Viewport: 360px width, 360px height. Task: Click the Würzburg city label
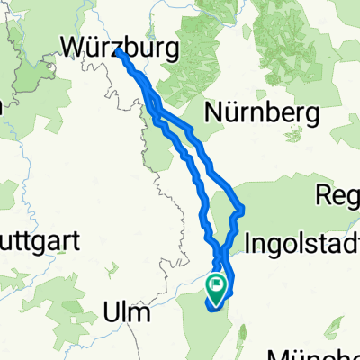[116, 44]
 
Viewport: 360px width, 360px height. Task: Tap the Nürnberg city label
[263, 112]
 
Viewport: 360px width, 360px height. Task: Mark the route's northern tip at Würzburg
[120, 53]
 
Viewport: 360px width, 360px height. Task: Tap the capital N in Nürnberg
[216, 112]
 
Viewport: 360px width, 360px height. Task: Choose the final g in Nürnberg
[313, 115]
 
